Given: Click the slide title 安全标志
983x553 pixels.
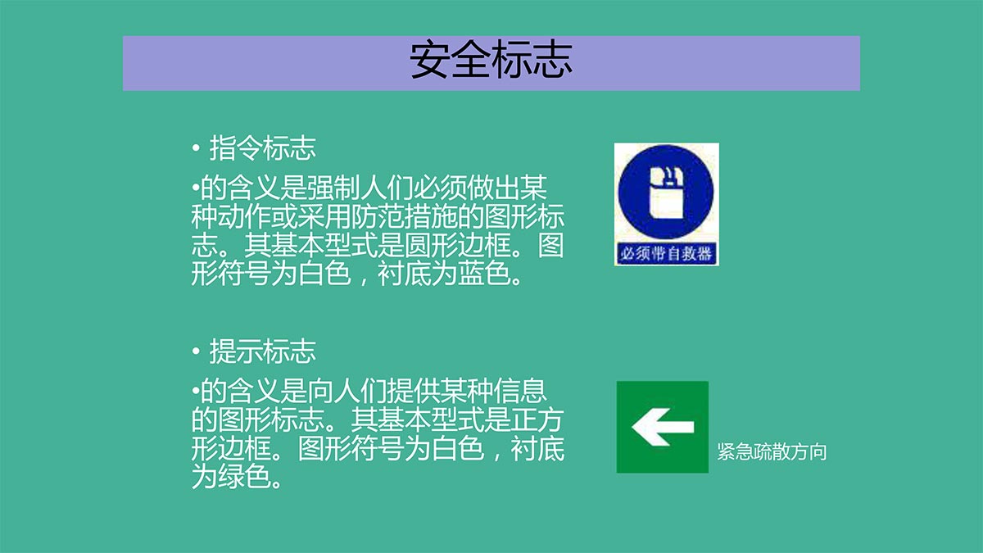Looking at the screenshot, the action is [491, 60].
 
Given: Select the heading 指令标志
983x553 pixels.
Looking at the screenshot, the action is [262, 148].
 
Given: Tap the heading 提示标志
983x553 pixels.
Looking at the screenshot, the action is [262, 351].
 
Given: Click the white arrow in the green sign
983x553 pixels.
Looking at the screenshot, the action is [663, 427].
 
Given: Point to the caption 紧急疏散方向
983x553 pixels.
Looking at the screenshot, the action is [772, 451].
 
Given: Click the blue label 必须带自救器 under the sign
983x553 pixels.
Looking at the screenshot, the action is [666, 254].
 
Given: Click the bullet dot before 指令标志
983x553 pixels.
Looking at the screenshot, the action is [196, 148].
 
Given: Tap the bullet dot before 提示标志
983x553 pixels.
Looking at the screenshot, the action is [196, 351].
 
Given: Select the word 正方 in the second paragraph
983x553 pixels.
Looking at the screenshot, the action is [537, 419].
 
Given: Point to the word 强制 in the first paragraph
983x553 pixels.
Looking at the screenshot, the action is [333, 188].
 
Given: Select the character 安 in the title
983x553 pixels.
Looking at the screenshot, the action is [429, 60].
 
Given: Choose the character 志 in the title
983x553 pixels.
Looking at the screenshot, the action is [553, 60].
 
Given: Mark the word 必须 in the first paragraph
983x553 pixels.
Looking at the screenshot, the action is [440, 188].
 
